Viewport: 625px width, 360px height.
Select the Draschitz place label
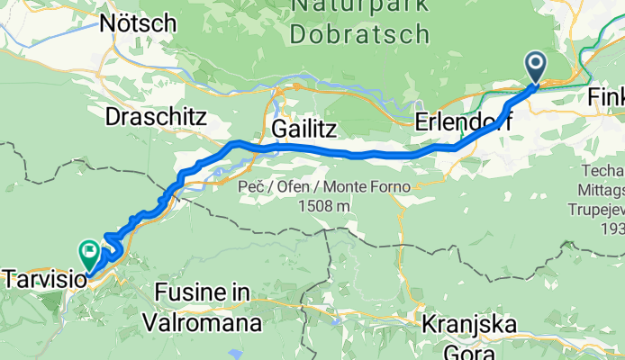point(156,117)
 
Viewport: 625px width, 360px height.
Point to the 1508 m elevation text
point(326,206)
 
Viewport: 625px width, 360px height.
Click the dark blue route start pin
point(536,66)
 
